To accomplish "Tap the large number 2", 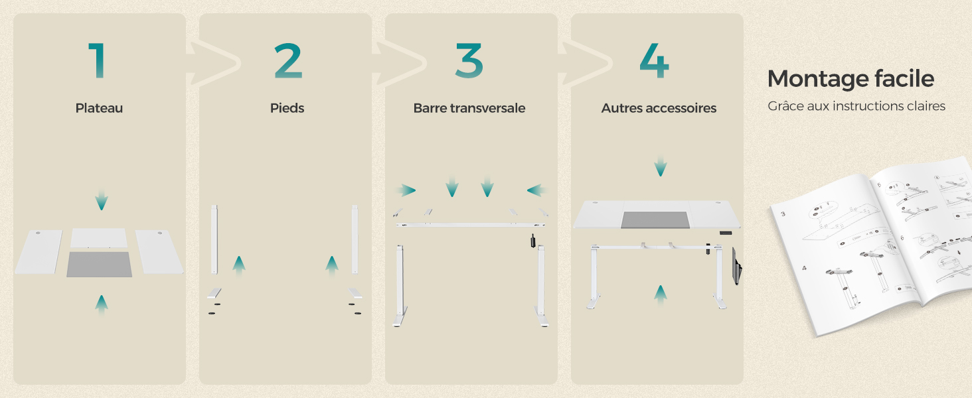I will (287, 61).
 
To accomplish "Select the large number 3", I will (469, 61).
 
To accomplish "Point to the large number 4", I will (654, 61).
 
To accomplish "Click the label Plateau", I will (99, 108).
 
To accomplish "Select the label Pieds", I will (287, 108).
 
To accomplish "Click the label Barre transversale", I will (469, 108).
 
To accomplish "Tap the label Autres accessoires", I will (659, 108).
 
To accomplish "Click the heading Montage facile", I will (850, 79).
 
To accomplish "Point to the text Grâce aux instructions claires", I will (856, 106).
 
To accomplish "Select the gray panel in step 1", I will (100, 264).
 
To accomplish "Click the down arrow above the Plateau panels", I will (101, 200).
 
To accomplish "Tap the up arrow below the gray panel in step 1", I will (101, 304).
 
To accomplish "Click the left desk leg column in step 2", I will (214, 239).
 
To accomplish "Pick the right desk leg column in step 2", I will (355, 239).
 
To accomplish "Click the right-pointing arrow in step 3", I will (406, 191).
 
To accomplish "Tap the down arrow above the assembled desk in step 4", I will (660, 166).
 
